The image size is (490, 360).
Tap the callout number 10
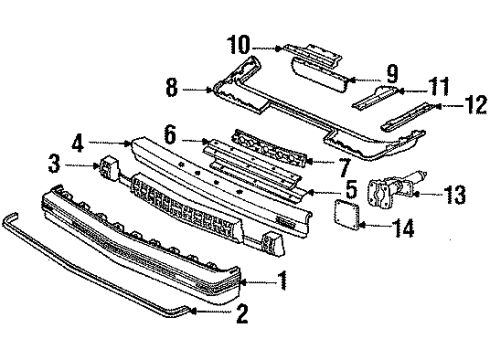238,46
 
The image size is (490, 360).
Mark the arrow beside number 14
375,228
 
